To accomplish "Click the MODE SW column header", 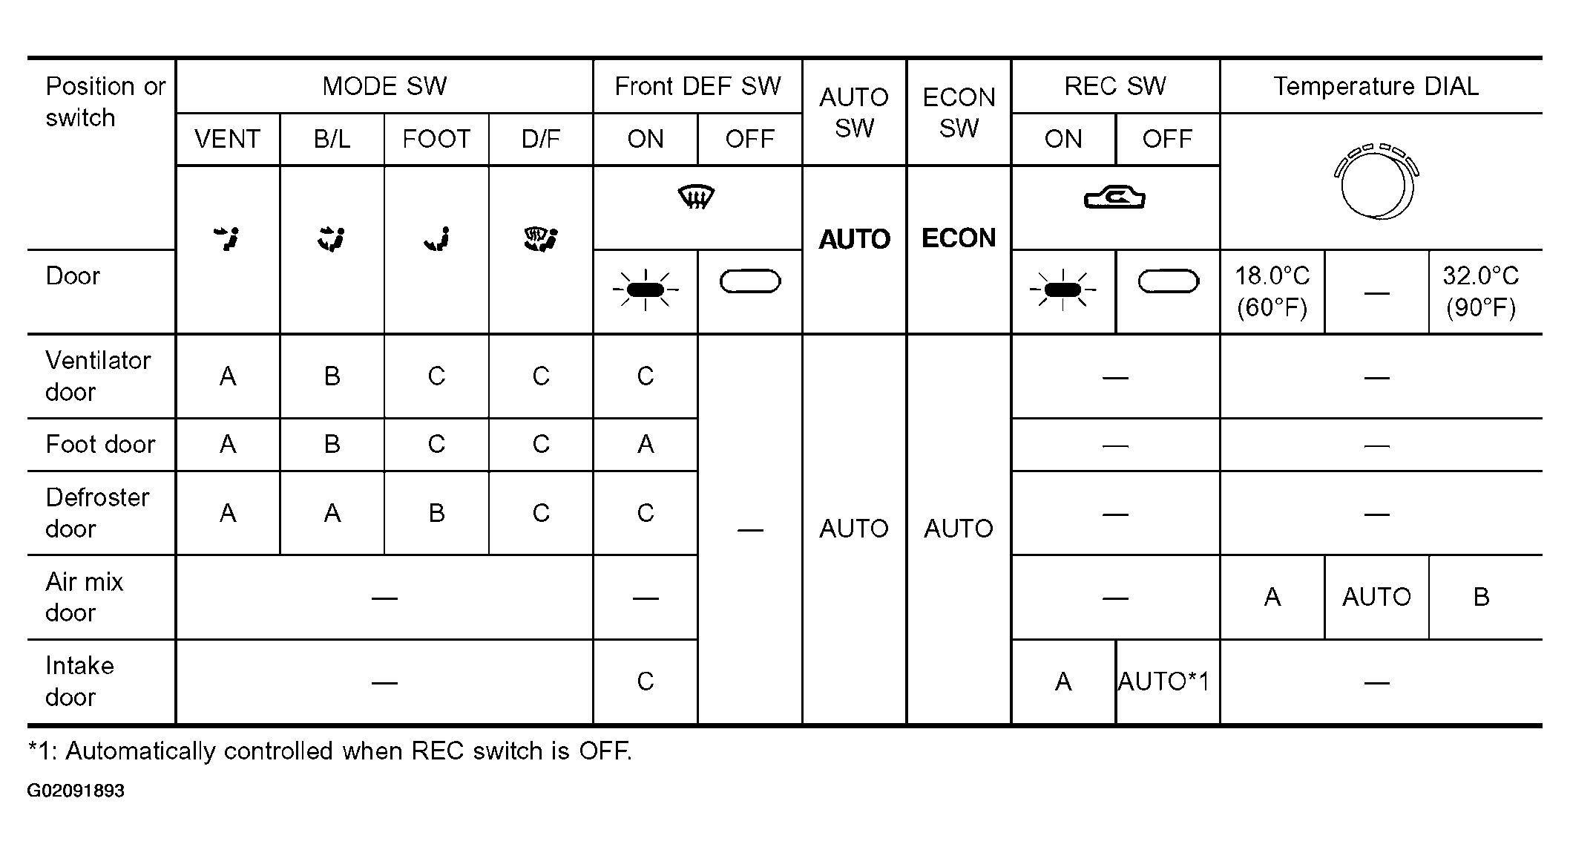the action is tap(384, 86).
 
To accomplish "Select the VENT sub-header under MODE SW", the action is tap(227, 139).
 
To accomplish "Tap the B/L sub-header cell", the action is tap(332, 139).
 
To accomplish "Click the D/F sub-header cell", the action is tap(541, 139).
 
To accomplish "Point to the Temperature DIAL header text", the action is tap(1376, 86).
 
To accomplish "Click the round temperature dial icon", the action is tap(1376, 182).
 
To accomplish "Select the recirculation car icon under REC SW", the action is tap(1114, 198).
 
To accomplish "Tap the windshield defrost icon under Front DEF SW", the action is tap(697, 197).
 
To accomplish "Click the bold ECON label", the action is tap(959, 238).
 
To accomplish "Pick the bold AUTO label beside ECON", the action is tap(854, 239).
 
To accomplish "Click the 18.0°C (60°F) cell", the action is tap(1272, 292).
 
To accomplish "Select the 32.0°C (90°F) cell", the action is tap(1481, 292).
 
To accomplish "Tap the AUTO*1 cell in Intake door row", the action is tap(1163, 682).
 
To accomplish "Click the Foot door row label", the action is tap(100, 444).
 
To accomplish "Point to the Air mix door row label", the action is tap(84, 597).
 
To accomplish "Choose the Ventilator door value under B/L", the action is tap(332, 376).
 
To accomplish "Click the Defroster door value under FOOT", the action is tap(436, 513).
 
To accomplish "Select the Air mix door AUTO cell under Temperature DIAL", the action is tap(1376, 597).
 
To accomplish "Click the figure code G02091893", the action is tap(76, 791).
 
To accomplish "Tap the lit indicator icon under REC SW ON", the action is tap(1062, 290).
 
